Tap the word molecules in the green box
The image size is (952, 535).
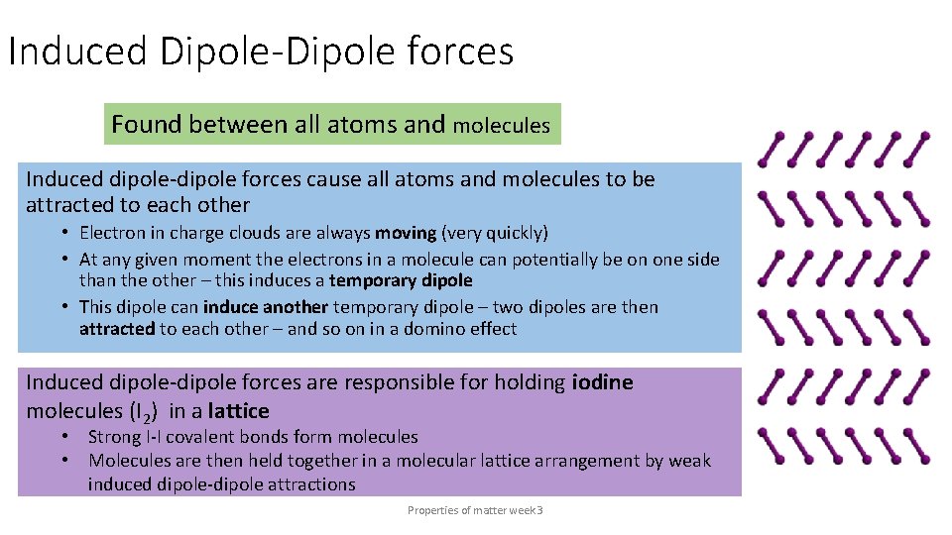pos(501,126)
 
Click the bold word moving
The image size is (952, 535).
pos(406,234)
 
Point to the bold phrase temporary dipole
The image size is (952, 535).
pos(401,281)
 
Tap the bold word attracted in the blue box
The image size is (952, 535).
pos(117,329)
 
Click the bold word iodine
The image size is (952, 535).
pos(603,382)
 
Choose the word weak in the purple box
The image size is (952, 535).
pos(689,461)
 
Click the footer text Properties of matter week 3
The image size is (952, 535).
pos(475,510)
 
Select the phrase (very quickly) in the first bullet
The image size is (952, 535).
pos(494,234)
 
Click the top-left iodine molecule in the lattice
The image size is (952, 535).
pos(770,150)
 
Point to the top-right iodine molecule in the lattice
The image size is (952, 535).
pos(917,149)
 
